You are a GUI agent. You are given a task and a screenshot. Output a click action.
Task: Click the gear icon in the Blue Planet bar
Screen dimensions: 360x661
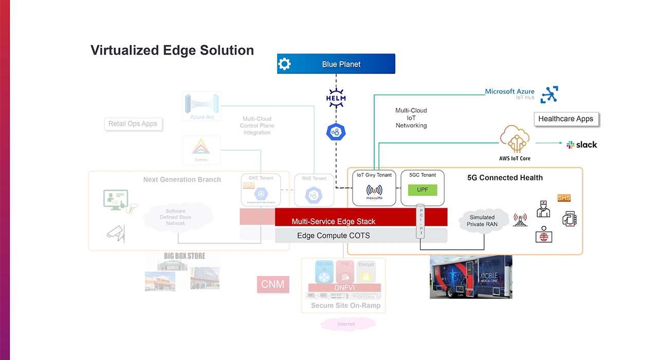tap(284, 64)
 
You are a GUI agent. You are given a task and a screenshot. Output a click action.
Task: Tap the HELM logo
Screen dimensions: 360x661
tap(336, 98)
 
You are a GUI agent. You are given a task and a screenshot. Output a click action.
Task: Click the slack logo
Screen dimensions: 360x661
tap(582, 145)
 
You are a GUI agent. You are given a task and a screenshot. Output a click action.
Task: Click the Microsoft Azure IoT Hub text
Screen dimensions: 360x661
tap(509, 94)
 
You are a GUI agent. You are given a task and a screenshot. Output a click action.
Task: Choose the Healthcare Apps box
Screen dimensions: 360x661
tap(565, 119)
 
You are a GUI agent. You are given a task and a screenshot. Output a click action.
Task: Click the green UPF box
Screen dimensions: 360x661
tap(422, 190)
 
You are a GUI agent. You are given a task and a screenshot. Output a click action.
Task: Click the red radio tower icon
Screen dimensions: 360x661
tap(520, 220)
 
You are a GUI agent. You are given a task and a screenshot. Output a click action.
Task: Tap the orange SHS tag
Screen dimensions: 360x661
tap(564, 198)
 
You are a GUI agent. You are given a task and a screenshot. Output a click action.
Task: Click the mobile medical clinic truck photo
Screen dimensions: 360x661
tap(471, 277)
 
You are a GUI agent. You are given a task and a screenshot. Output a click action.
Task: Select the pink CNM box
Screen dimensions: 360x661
tap(273, 284)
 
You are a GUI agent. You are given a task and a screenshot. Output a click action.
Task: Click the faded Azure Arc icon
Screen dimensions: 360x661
tap(202, 106)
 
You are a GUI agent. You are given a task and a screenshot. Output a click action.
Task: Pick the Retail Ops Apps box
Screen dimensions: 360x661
tap(133, 124)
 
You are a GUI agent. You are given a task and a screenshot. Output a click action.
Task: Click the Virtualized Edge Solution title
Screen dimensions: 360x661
tap(172, 50)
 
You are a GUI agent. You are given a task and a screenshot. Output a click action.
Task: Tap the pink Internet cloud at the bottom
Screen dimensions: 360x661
tap(346, 324)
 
